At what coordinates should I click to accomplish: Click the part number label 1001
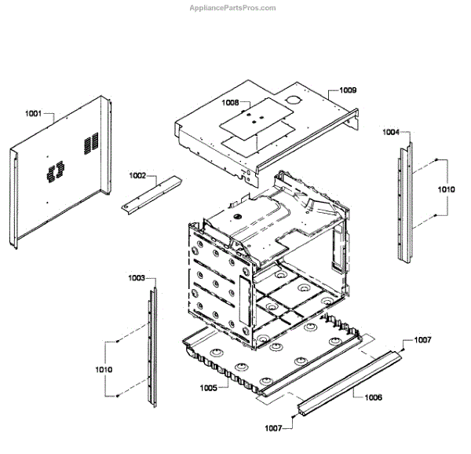pos(34,115)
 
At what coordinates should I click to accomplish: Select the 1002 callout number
pos(138,177)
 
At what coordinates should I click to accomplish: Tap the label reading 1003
pos(137,278)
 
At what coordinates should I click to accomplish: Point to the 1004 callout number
pos(390,132)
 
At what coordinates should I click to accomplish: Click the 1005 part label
pos(208,387)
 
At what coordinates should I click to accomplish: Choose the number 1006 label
pos(373,397)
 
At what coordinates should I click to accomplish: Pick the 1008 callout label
pos(230,103)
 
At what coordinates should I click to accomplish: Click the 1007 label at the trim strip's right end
pos(422,340)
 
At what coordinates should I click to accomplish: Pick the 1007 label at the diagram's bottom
pos(273,428)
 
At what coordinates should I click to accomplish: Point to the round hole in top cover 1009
pos(292,101)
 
